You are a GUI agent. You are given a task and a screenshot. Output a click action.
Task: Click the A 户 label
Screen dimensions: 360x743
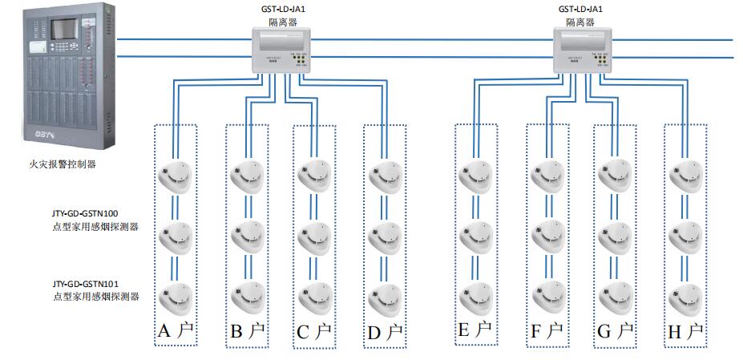pos(176,331)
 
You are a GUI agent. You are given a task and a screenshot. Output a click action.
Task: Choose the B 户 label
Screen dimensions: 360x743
pos(246,331)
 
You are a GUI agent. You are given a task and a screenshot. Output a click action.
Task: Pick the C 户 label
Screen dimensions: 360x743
pos(313,331)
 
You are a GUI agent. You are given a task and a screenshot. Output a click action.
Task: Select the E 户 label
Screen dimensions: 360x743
pos(474,330)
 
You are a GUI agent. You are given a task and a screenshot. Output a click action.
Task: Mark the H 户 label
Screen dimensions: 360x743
pos(685,330)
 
